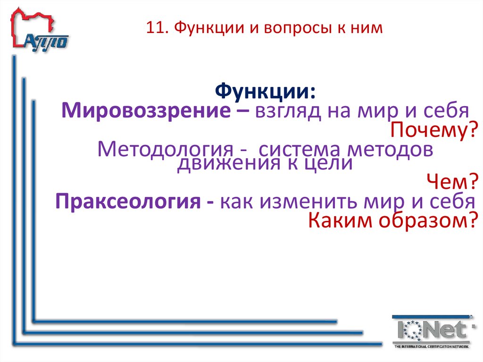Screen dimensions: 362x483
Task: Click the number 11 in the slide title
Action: [153, 29]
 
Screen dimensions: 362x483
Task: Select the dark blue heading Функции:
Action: [266, 91]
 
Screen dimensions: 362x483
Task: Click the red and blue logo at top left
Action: [40, 30]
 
